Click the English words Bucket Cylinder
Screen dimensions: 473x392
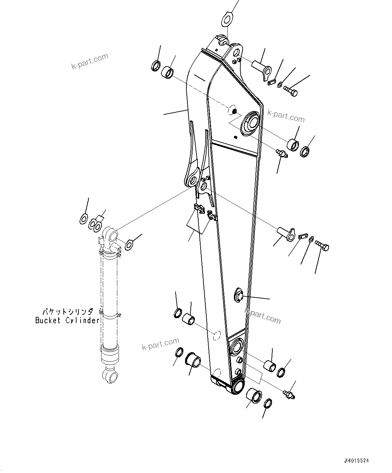(67, 321)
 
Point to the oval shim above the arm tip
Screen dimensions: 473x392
(228, 19)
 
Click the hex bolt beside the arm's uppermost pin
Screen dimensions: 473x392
(291, 91)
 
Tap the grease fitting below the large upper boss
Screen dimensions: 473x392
(281, 154)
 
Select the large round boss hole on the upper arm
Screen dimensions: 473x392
(250, 122)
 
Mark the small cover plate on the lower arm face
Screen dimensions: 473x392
(239, 296)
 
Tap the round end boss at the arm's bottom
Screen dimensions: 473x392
(238, 386)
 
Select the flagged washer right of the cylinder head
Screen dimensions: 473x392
(129, 245)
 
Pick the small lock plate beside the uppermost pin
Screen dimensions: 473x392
(272, 82)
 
